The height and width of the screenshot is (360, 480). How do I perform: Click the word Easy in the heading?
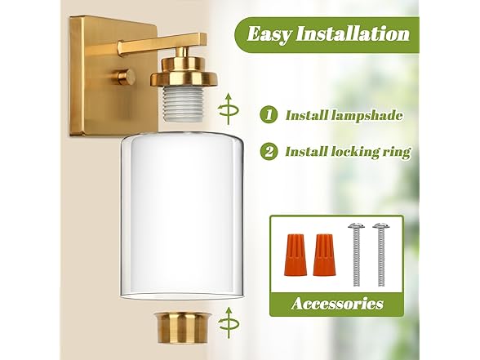pos(269,34)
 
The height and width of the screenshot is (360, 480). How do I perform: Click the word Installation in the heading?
pos(353,33)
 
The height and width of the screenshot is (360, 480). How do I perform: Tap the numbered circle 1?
pos(269,115)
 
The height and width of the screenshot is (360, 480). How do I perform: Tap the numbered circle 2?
pos(269,151)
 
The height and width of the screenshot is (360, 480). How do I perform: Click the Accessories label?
pos(337,304)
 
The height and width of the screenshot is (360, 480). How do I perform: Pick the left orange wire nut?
pos(296,255)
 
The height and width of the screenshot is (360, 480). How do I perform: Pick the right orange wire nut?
pos(324,255)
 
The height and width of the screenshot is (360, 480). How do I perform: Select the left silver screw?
pos(356,255)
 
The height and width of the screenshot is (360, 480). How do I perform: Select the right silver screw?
pos(381,255)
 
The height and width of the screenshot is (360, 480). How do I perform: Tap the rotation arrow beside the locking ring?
pos(229,323)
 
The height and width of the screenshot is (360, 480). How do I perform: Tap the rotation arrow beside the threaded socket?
pos(228,109)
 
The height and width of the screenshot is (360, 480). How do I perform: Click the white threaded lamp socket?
pos(184,104)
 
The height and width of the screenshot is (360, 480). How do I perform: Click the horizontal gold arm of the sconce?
pos(162,45)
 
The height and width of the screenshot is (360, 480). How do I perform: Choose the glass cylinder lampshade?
pos(182,216)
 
